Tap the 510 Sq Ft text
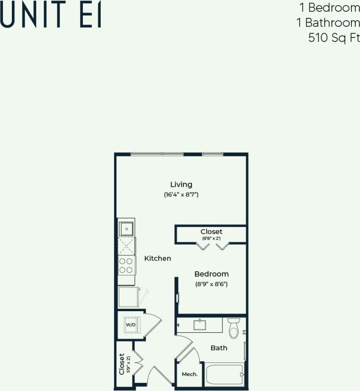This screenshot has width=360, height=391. click(334, 38)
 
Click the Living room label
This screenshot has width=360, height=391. click(181, 184)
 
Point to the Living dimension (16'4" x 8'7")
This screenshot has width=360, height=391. click(181, 195)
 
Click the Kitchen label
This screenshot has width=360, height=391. click(157, 258)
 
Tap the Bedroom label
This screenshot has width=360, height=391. click(211, 274)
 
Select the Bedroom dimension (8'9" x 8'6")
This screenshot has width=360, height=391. click(211, 284)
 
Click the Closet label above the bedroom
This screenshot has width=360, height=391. click(211, 232)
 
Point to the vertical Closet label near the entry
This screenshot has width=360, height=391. click(122, 364)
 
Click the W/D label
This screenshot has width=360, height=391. click(130, 325)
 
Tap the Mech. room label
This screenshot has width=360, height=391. click(190, 374)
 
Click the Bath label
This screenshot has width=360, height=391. click(219, 348)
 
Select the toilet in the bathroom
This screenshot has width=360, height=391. click(234, 328)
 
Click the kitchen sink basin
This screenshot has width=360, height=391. click(127, 229)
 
